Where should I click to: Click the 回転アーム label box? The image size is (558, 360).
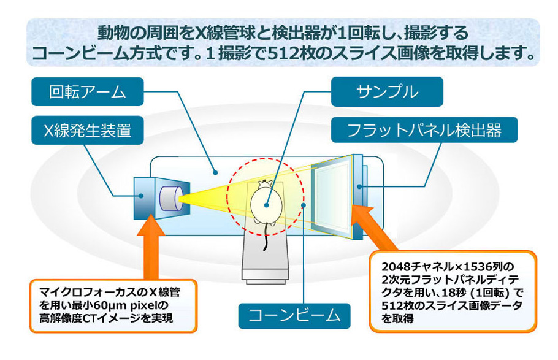(88, 92)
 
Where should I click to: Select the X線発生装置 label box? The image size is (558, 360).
(88, 131)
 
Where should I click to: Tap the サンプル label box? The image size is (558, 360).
(387, 91)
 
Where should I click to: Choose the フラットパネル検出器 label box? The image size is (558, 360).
(424, 130)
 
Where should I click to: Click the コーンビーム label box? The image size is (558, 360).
(294, 316)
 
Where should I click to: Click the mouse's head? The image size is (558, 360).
(265, 184)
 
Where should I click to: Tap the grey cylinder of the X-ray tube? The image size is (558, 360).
(171, 198)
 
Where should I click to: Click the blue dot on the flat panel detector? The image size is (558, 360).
(359, 186)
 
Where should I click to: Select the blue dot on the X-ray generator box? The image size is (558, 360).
(141, 196)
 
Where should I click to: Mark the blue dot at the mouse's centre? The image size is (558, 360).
(266, 205)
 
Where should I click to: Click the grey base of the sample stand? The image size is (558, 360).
(265, 275)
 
